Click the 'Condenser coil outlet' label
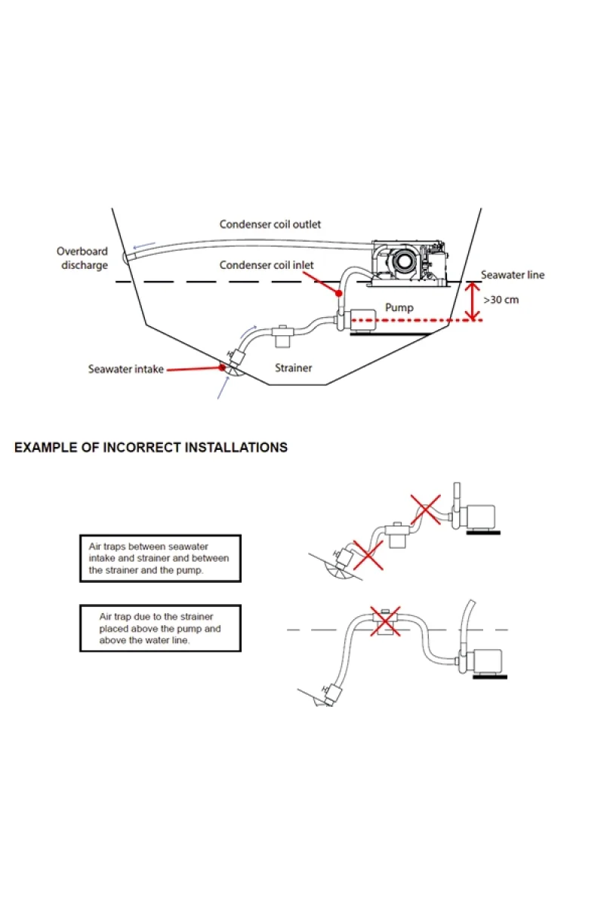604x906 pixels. click(270, 224)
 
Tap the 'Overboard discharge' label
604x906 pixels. click(82, 258)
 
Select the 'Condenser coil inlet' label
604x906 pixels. click(267, 265)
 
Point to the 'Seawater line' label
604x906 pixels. click(513, 275)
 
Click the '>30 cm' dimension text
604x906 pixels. click(501, 300)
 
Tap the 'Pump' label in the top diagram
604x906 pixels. click(399, 307)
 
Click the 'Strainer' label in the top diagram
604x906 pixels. click(293, 368)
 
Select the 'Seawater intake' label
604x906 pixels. click(125, 369)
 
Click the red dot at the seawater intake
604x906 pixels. click(222, 368)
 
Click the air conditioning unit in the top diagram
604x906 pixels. click(408, 263)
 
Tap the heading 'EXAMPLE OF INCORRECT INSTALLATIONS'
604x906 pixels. click(151, 447)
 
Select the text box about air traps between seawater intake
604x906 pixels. click(160, 558)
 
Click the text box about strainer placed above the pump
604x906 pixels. click(160, 628)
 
